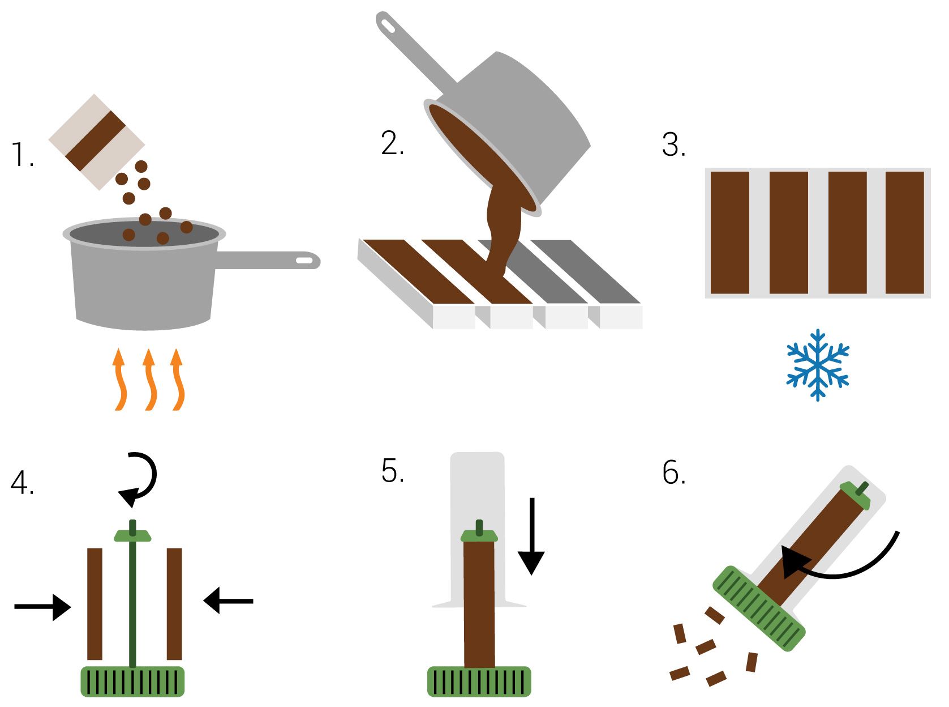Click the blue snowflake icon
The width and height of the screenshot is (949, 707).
817,365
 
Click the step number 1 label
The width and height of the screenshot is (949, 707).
22,154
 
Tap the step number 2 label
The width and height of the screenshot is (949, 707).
392,143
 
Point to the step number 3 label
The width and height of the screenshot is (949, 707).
673,144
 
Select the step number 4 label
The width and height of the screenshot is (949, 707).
22,483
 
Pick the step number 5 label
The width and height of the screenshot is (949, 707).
392,470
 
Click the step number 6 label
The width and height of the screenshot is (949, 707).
673,472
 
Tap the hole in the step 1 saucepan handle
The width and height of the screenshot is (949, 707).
304,261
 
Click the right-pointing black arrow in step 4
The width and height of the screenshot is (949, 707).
42,606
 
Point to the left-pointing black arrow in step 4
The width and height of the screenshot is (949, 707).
228,600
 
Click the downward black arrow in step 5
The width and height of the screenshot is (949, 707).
531,536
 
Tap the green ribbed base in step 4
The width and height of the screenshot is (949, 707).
132,682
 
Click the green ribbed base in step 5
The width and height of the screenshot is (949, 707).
479,682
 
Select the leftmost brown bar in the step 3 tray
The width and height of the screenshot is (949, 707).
729,233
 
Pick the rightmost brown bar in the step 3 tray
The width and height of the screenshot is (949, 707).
904,233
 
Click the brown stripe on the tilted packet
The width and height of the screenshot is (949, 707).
96,140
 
